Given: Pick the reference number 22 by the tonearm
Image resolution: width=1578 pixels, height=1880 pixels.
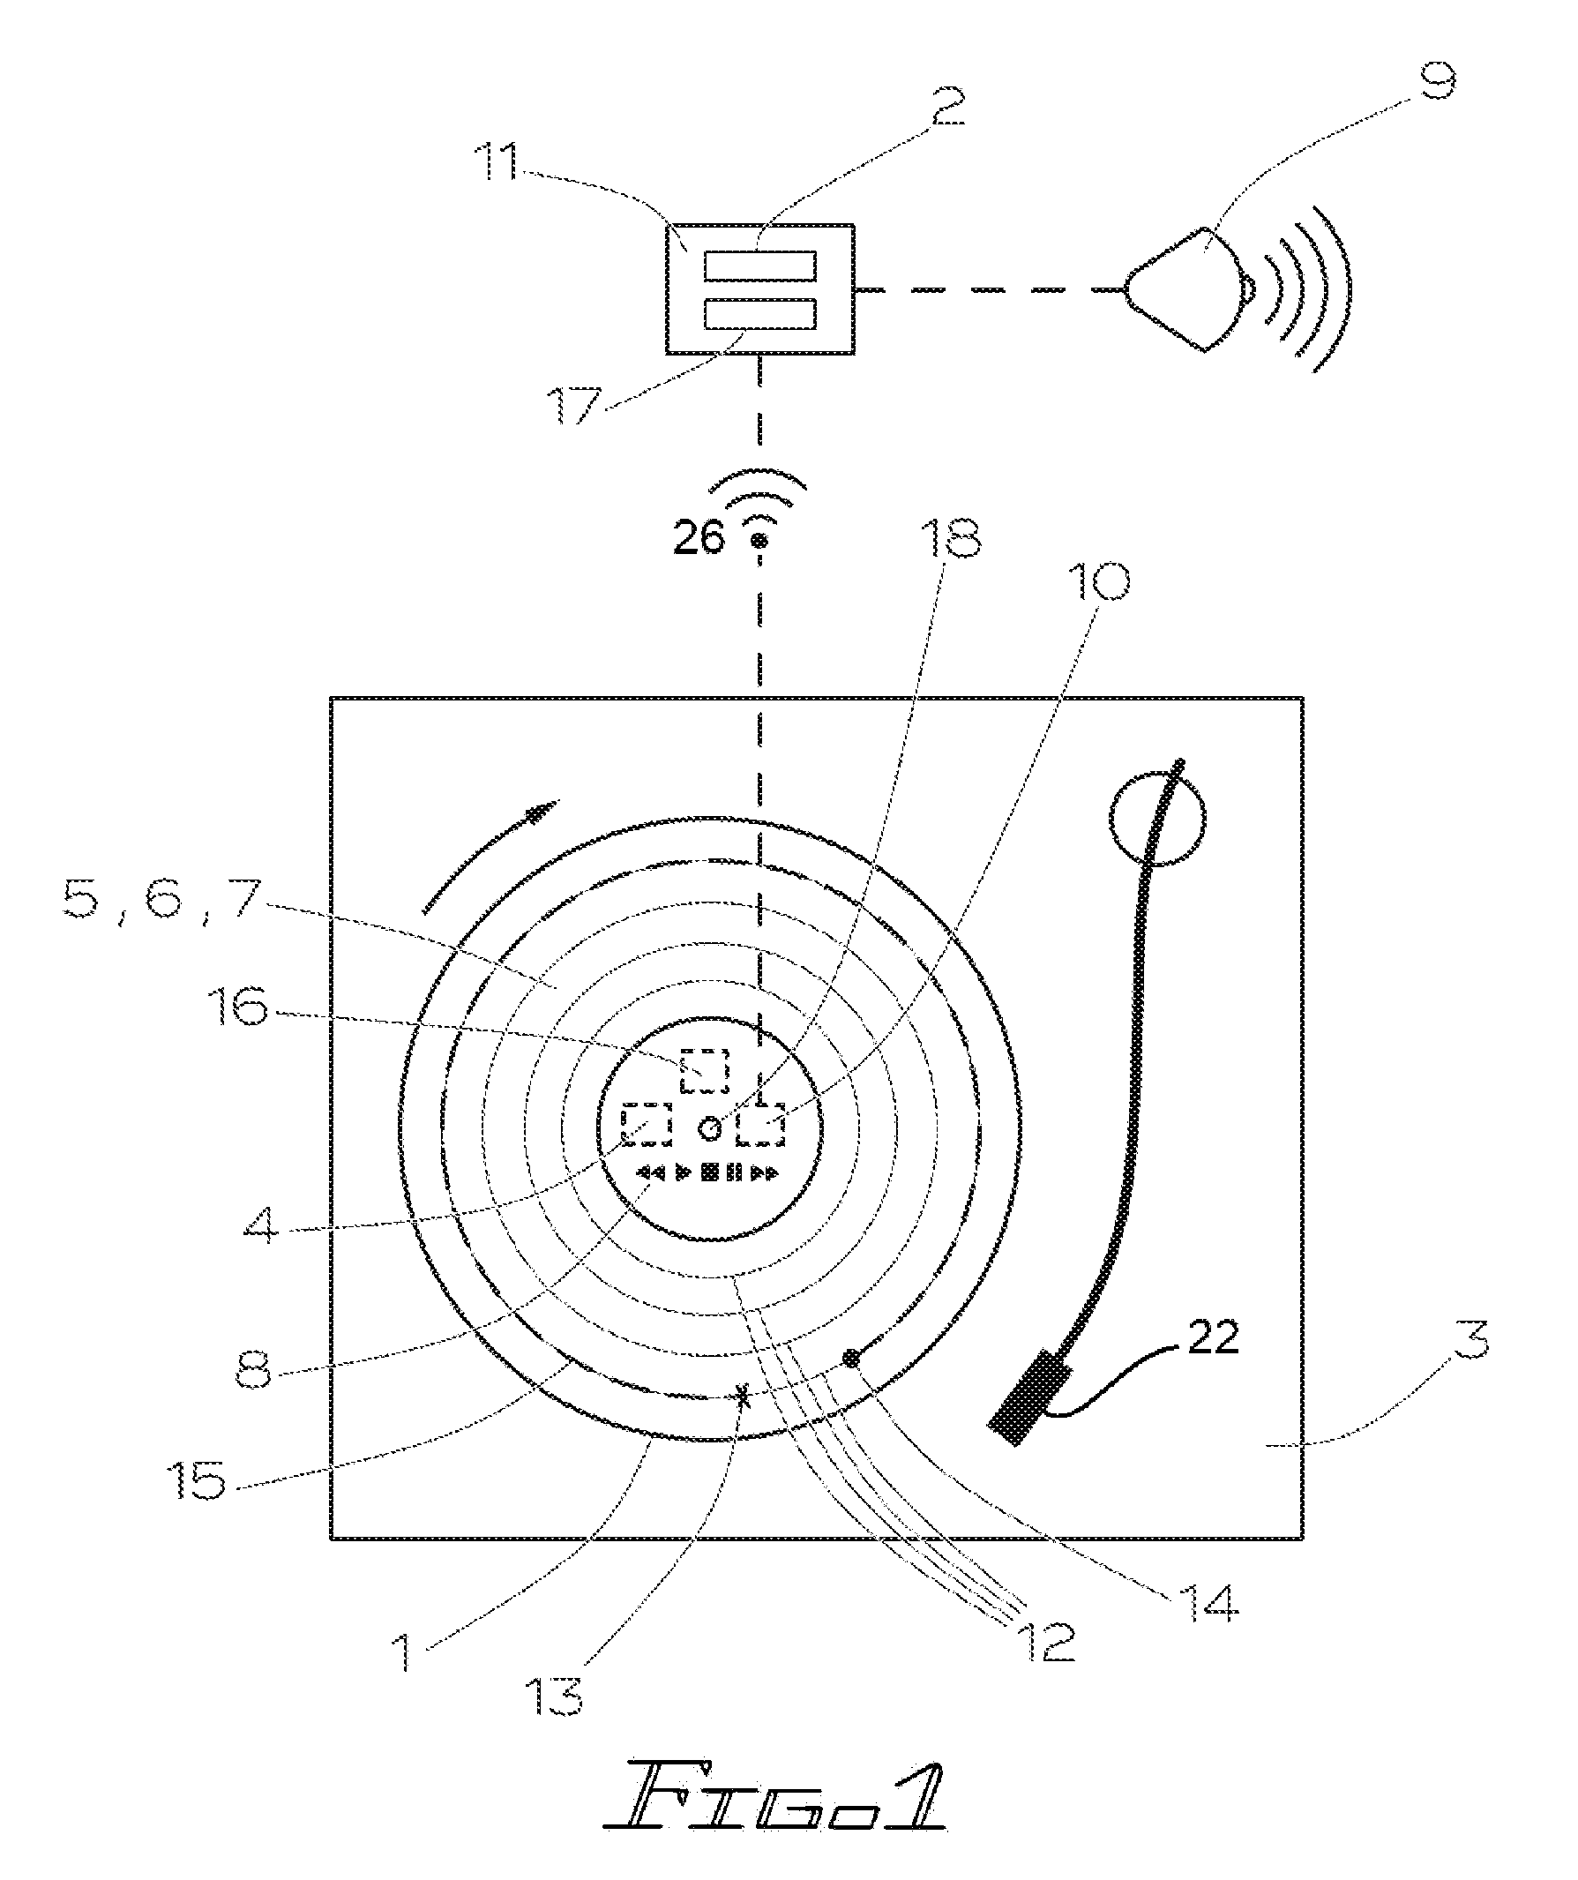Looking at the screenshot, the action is click(1213, 1337).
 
